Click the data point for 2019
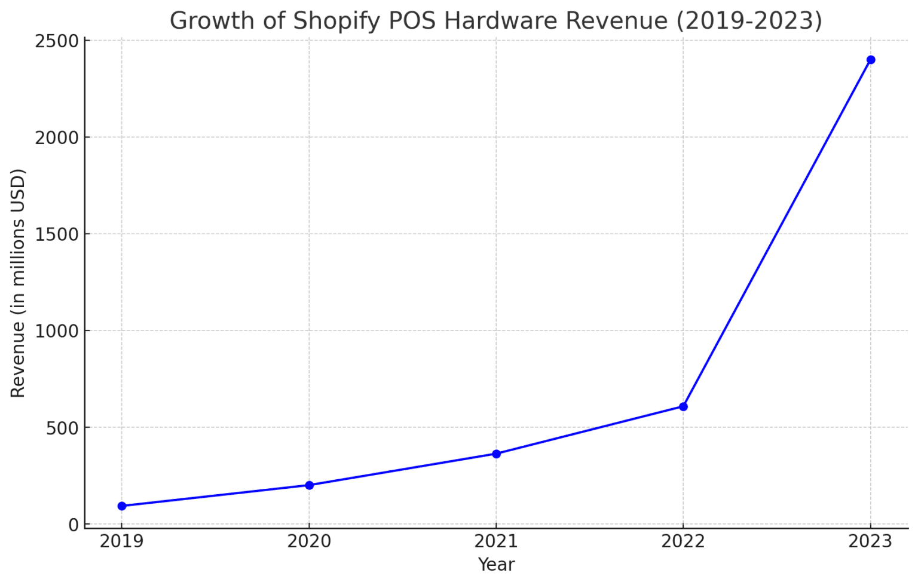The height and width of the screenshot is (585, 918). coord(122,506)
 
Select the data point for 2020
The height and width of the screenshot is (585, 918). coord(309,485)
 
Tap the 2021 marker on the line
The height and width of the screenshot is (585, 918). coord(496,454)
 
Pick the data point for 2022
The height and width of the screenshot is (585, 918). coord(683,407)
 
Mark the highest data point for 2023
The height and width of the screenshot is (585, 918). coord(871,60)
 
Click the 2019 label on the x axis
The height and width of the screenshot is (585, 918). coord(122,541)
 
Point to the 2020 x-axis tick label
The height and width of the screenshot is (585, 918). coord(309,541)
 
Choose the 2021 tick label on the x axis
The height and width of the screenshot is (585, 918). coord(496,541)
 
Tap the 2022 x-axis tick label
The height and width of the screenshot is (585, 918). coord(683,541)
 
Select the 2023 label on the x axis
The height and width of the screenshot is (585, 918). coord(871,541)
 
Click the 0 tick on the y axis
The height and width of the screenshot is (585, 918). coord(74,525)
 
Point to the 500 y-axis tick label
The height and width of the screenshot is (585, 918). coord(62,428)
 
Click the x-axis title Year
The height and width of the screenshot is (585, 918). coord(496,565)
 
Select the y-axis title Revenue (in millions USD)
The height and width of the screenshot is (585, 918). coord(18,283)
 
